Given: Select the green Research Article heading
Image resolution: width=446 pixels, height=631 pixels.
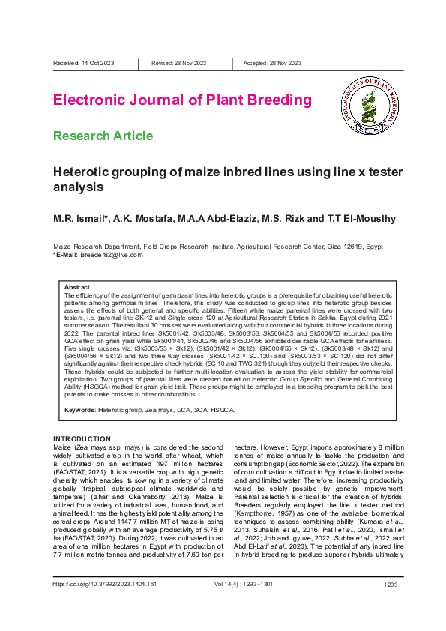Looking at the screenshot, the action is [x=113, y=136].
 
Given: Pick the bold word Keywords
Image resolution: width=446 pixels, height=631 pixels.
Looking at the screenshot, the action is [x=79, y=410].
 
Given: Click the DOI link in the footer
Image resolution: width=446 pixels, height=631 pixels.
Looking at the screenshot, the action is [x=104, y=604].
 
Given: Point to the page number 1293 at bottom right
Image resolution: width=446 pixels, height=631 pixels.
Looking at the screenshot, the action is [x=390, y=604].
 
